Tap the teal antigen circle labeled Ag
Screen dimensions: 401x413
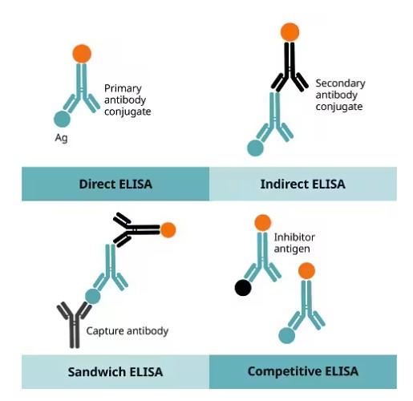pyautogui.click(x=61, y=119)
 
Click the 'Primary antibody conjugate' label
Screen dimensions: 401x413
pyautogui.click(x=128, y=101)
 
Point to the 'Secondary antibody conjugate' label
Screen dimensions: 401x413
pyautogui.click(x=340, y=95)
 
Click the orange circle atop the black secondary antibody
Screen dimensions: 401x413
pyautogui.click(x=290, y=32)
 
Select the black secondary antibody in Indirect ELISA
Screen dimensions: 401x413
pyautogui.click(x=290, y=69)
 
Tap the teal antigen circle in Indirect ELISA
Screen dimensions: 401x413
pyautogui.click(x=255, y=148)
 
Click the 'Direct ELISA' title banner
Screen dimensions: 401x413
pyautogui.click(x=115, y=184)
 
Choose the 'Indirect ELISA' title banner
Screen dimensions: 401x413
pyautogui.click(x=303, y=184)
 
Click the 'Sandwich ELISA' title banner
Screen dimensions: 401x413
pyautogui.click(x=115, y=371)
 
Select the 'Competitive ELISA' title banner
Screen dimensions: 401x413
pyautogui.click(x=303, y=371)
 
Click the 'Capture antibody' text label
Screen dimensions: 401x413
pyautogui.click(x=127, y=330)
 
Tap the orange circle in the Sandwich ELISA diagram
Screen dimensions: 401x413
pyautogui.click(x=168, y=230)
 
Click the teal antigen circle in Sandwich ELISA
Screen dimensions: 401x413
pyautogui.click(x=93, y=296)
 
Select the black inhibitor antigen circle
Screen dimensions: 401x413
pyautogui.click(x=243, y=288)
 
